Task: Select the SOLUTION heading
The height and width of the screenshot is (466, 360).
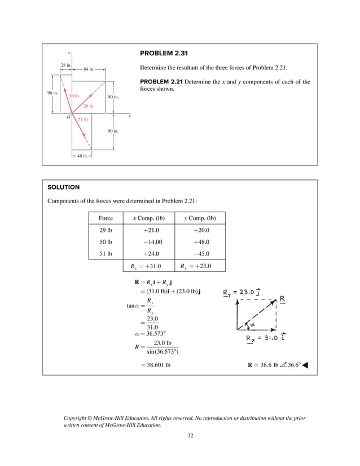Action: pyautogui.click(x=63, y=187)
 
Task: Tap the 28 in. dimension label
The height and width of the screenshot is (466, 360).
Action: pyautogui.click(x=65, y=65)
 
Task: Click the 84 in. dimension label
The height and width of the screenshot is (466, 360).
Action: pyautogui.click(x=89, y=69)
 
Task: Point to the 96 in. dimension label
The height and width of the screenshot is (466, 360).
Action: pyautogui.click(x=52, y=93)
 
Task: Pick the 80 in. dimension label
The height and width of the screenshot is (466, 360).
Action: pyautogui.click(x=113, y=97)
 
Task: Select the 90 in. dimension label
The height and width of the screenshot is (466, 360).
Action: pyautogui.click(x=113, y=131)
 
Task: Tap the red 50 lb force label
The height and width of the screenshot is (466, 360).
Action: pyautogui.click(x=73, y=96)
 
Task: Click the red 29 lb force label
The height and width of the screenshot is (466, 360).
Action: pyautogui.click(x=88, y=106)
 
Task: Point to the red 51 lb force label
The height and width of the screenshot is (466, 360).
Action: pyautogui.click(x=82, y=120)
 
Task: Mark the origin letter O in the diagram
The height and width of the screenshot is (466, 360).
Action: pyautogui.click(x=68, y=117)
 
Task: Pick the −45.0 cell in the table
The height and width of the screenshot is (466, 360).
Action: pyautogui.click(x=201, y=253)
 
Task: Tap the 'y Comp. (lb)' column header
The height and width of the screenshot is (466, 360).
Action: pyautogui.click(x=201, y=218)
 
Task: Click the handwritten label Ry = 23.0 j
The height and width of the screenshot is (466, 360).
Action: pyautogui.click(x=246, y=292)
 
